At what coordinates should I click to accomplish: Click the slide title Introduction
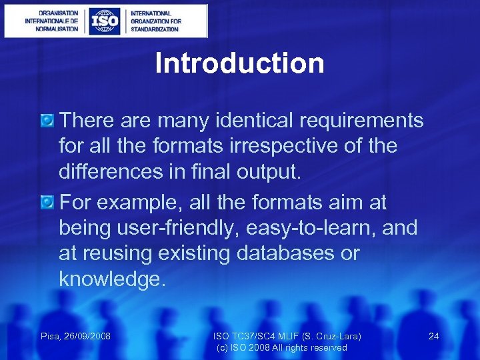point(239,64)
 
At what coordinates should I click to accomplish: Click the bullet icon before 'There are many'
point(47,121)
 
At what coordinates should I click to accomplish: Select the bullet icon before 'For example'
point(47,201)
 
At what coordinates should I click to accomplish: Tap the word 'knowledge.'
point(112,279)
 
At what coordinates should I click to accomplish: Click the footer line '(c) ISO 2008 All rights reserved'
point(282,348)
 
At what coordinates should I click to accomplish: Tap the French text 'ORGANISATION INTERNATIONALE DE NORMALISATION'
point(52,21)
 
